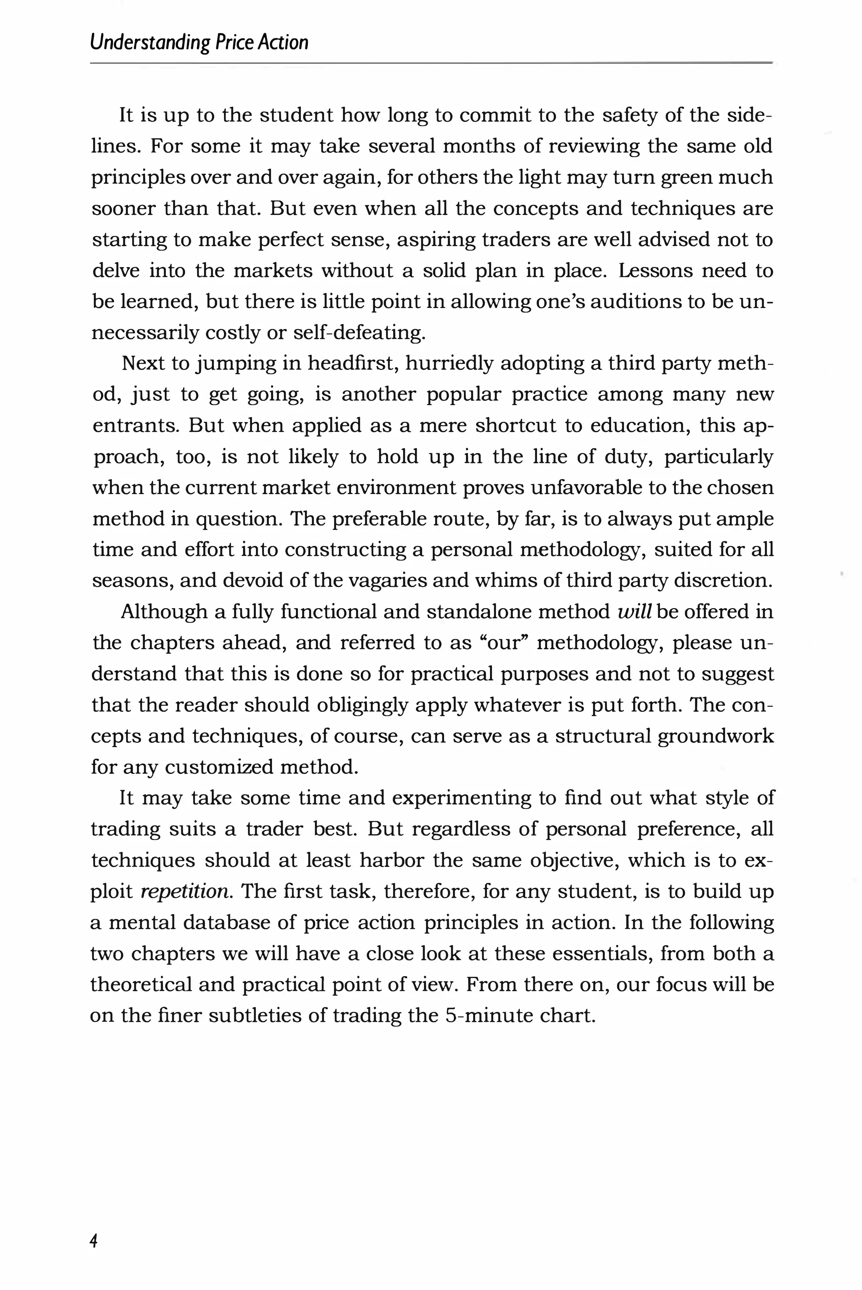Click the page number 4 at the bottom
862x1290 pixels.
94,1240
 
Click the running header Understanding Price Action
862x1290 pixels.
199,43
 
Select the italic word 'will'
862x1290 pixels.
634,612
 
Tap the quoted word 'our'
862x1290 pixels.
503,643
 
